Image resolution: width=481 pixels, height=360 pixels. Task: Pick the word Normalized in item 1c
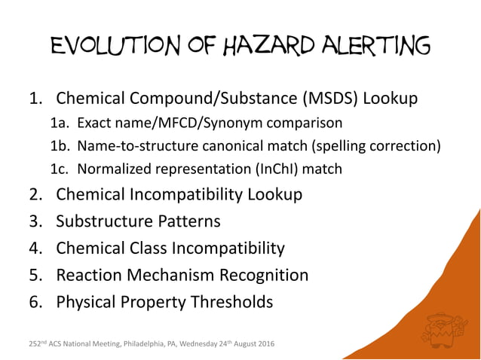(113, 169)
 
